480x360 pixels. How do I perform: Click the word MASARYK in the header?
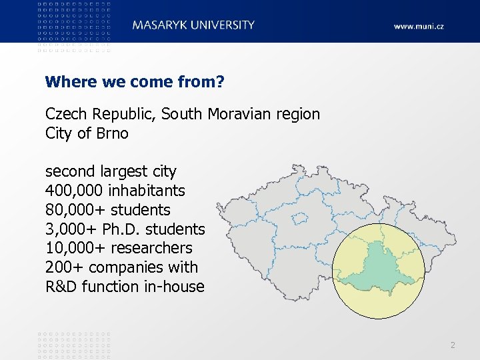point(157,25)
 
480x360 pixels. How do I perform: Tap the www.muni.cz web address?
point(418,27)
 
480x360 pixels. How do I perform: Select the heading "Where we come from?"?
point(134,82)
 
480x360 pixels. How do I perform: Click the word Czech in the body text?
point(67,114)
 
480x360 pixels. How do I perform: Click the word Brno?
point(112,133)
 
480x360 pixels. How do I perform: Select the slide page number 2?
point(453,345)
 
